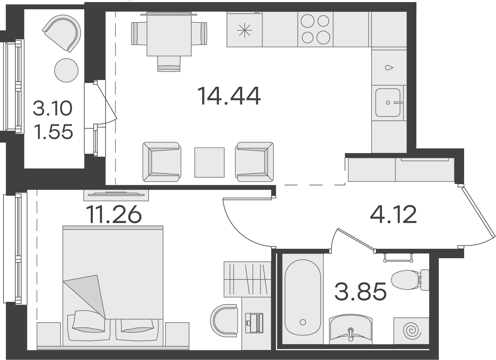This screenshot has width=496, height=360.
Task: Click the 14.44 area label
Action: [229, 96]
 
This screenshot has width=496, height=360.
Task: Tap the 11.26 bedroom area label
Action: [114, 214]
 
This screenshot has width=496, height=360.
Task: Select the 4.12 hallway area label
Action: [393, 214]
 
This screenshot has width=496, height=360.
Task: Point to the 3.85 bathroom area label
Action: [360, 291]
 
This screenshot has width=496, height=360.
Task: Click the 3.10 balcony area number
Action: [53, 108]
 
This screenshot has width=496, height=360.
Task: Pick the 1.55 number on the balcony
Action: [54, 132]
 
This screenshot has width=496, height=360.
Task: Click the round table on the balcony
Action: [66, 70]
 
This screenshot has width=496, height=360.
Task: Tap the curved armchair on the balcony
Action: [62, 33]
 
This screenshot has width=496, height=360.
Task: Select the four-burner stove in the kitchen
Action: [315, 29]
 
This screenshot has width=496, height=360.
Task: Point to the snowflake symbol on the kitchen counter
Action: [245, 30]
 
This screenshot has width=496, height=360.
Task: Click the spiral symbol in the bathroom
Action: [412, 331]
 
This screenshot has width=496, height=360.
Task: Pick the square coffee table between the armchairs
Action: [209, 162]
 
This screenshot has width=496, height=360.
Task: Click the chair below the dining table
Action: [169, 64]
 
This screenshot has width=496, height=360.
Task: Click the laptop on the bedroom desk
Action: [254, 323]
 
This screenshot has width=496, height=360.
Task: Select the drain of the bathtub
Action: [302, 322]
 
